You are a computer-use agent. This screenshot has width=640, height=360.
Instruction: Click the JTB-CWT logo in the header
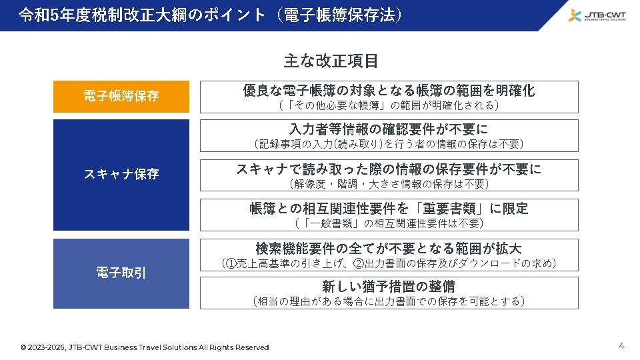click(597, 15)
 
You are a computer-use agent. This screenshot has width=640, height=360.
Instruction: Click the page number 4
click(621, 345)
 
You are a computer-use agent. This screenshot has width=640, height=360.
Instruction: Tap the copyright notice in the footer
click(145, 347)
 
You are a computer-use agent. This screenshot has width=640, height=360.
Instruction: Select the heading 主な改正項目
click(331, 61)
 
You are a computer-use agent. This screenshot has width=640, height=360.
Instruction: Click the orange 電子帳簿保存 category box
click(121, 96)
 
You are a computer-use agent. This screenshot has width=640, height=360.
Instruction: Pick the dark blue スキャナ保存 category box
click(121, 175)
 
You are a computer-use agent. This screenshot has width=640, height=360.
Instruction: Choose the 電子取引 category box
click(121, 273)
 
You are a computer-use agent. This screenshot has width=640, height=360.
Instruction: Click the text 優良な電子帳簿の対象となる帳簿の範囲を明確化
click(389, 91)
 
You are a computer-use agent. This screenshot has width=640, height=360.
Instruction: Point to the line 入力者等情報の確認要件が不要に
click(389, 129)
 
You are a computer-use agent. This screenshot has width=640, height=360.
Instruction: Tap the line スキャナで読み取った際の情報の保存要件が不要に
click(389, 169)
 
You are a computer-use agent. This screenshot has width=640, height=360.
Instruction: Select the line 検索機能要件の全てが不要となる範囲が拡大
click(389, 249)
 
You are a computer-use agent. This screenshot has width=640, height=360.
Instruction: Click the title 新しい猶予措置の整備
click(389, 287)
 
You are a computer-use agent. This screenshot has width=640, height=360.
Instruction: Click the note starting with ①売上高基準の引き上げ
click(389, 263)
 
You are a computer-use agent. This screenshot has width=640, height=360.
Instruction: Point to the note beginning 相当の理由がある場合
click(389, 301)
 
